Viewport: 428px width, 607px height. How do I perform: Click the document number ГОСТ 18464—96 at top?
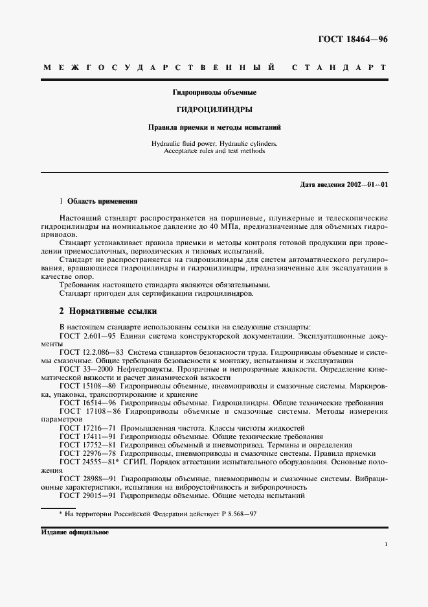pyautogui.click(x=353, y=40)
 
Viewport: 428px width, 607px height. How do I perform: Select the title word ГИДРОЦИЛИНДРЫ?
pyautogui.click(x=214, y=110)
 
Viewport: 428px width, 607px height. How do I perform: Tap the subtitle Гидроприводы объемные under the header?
pyautogui.click(x=214, y=93)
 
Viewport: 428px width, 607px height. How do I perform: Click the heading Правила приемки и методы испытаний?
pyautogui.click(x=214, y=127)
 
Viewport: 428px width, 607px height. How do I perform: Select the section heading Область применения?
pyautogui.click(x=103, y=202)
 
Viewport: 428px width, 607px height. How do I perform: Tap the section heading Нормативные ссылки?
pyautogui.click(x=112, y=311)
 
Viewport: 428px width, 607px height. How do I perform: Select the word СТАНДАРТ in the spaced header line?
pyautogui.click(x=339, y=68)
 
